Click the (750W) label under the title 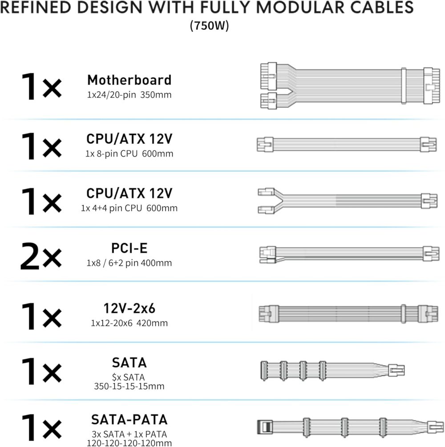click(x=210, y=25)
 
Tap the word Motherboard click(x=129, y=80)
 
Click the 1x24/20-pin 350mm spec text click(x=129, y=95)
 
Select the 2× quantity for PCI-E click(x=41, y=256)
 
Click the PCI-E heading click(x=129, y=248)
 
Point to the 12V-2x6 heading click(x=129, y=308)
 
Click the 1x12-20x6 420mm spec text click(x=129, y=323)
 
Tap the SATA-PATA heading click(x=129, y=419)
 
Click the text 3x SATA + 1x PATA click(x=129, y=434)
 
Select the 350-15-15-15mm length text click(x=129, y=386)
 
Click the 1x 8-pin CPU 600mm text click(x=129, y=153)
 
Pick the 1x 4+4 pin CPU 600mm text click(x=129, y=208)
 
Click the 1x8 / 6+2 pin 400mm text click(x=129, y=263)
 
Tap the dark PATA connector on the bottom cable click(x=265, y=427)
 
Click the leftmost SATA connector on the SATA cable click(x=264, y=370)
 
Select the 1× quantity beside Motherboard click(x=41, y=87)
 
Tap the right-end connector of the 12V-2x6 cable click(x=428, y=314)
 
